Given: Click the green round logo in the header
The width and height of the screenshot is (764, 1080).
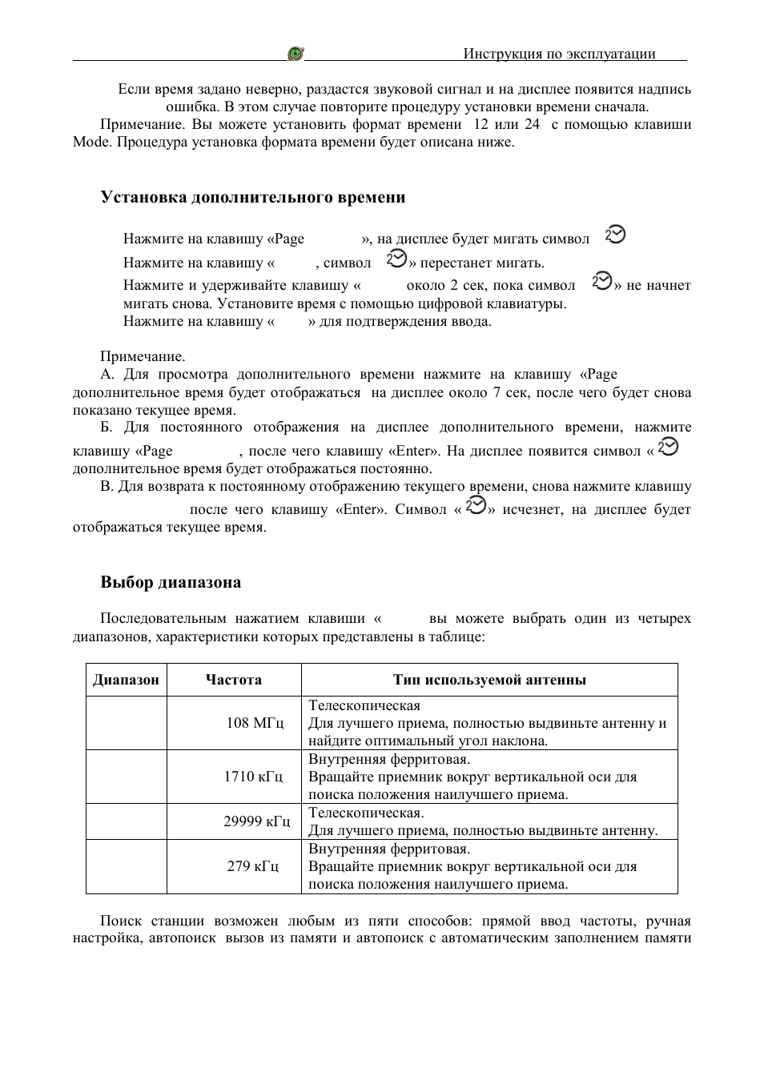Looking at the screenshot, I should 296,54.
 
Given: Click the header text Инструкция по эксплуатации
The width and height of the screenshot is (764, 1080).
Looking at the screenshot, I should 559,54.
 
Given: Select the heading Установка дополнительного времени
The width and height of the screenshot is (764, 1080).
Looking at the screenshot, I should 252,197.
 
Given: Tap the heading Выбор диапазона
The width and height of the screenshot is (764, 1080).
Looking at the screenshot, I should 171,582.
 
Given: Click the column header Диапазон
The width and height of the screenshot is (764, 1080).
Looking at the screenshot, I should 126,680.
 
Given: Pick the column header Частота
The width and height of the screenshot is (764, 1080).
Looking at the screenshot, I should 233,680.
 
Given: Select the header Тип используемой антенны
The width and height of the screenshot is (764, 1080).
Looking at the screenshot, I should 489,680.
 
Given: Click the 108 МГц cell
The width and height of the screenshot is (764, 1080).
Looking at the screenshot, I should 255,723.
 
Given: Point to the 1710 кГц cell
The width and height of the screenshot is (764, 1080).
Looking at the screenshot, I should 253,777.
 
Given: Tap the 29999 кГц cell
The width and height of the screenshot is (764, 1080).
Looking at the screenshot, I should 256,821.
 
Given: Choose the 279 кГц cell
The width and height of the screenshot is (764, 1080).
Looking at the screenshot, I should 253,866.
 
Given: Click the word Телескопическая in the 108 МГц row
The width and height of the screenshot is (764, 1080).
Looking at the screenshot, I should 364,705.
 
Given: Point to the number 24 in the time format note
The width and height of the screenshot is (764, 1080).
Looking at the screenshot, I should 533,124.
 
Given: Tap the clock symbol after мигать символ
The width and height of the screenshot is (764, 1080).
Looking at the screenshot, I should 615,235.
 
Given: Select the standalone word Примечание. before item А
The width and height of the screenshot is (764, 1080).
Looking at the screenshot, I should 143,356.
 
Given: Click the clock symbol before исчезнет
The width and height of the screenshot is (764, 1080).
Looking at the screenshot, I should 475,506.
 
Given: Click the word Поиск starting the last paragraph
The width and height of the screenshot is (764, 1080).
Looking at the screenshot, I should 120,921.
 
